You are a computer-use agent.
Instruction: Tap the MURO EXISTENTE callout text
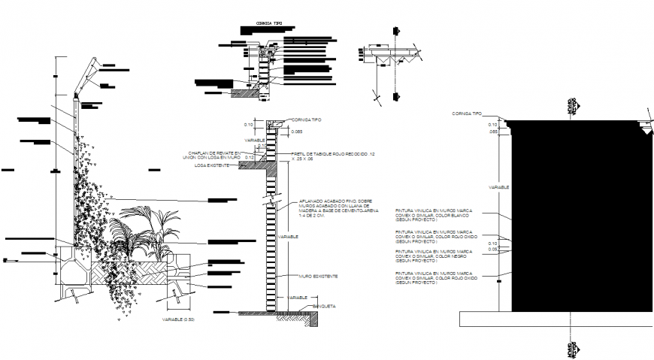pyautogui.click(x=318, y=277)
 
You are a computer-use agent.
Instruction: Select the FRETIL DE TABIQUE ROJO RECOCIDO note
pyautogui.click(x=330, y=156)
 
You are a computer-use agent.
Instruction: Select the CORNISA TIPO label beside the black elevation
pyautogui.click(x=466, y=113)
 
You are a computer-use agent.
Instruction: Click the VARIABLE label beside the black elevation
pyautogui.click(x=498, y=186)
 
